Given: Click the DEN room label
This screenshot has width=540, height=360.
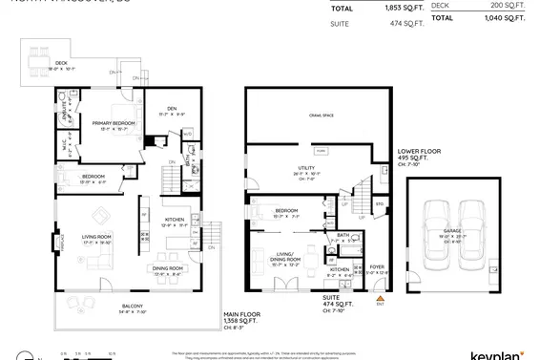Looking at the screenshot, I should click(x=172, y=108).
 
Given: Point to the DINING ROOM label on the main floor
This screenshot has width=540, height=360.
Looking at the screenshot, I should click(x=173, y=268).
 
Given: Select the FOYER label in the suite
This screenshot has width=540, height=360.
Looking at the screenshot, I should click(x=377, y=267).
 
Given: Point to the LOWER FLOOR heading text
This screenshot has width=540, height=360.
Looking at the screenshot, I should click(x=421, y=151).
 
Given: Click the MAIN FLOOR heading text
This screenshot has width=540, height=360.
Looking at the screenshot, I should click(x=244, y=312).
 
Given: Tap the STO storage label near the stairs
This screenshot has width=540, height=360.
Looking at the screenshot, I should click(x=379, y=203).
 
